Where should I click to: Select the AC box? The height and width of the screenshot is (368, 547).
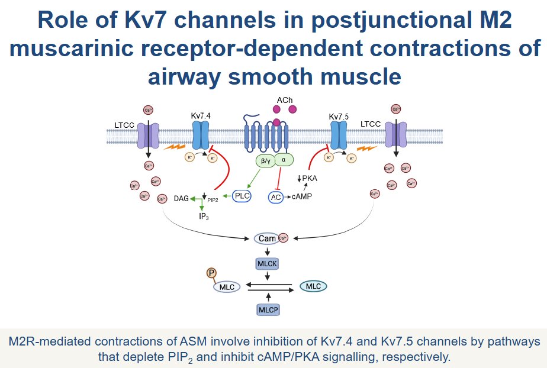(276, 198)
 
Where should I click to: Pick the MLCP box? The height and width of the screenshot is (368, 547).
(268, 309)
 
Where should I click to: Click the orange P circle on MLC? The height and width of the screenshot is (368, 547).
(211, 273)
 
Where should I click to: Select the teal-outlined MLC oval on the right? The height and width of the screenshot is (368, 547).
(313, 286)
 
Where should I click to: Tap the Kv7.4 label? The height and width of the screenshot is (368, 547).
(201, 116)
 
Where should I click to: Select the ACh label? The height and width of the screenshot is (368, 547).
(285, 101)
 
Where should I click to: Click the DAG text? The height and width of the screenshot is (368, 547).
(181, 199)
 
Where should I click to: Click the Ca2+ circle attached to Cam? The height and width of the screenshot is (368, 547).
(283, 239)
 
